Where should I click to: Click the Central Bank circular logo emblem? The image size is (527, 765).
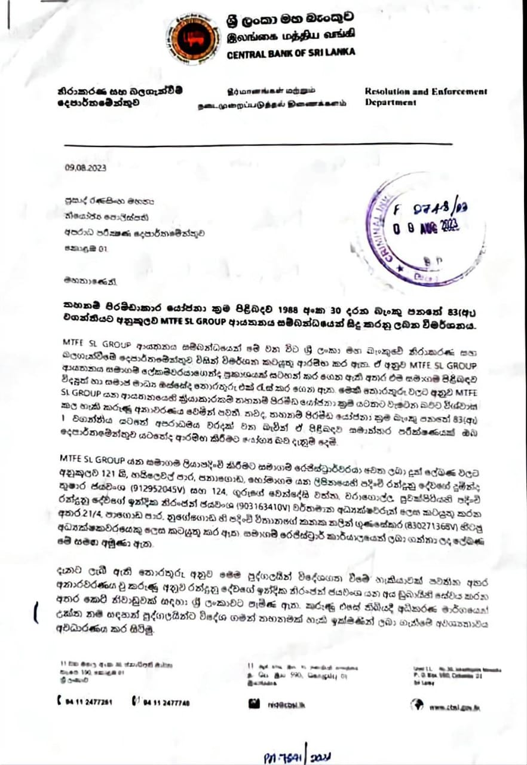(193, 39)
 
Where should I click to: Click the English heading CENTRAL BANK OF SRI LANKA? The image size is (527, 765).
(291, 53)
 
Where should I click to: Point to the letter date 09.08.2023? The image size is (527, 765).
(85, 168)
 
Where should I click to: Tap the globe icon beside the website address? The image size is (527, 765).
(416, 705)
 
